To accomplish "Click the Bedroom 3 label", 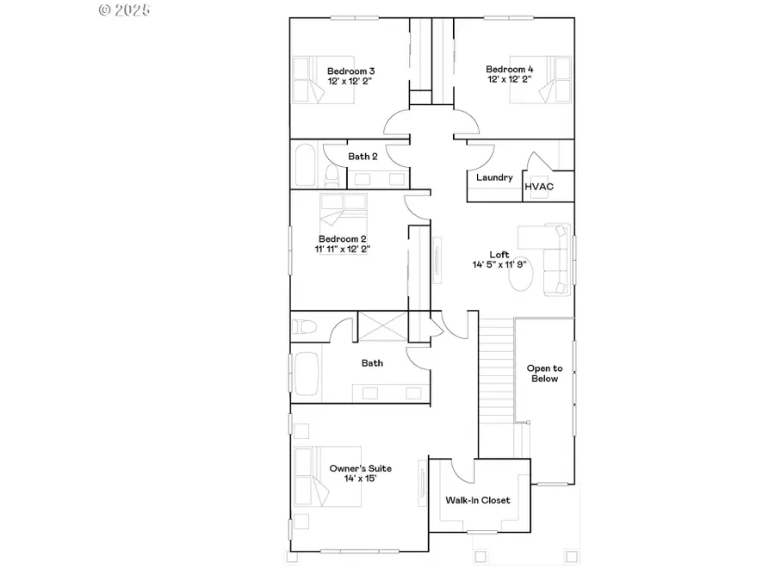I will pos(350,71).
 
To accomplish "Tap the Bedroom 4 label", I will pos(508,69).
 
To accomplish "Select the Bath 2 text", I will pos(363,157).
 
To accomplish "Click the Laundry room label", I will pos(494,177).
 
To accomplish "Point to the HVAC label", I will pos(538,186).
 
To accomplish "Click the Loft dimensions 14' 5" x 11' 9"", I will pos(499,265).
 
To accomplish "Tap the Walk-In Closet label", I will pos(478,500).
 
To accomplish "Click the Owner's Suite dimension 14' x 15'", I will pos(360,479).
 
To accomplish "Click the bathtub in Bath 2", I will pos(305,166).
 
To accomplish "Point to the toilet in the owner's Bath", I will pos(304,327).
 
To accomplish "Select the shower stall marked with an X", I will pos(379,329).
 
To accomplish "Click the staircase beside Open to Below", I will pos(496,370).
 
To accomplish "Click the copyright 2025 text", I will pos(125,10).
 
